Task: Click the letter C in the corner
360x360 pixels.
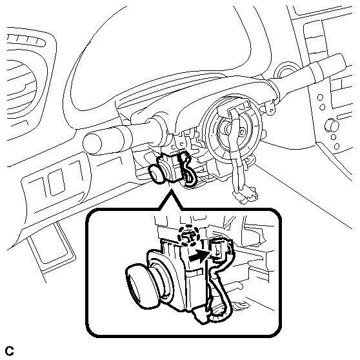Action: (x=10, y=351)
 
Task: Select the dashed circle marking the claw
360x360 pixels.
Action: (x=188, y=235)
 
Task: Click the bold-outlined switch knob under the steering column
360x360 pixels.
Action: (x=156, y=174)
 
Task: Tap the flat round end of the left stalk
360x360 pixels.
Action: (x=92, y=144)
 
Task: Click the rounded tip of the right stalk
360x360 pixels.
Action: (x=340, y=61)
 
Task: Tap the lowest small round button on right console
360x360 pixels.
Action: (x=337, y=146)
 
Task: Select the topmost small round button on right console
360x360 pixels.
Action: (x=320, y=97)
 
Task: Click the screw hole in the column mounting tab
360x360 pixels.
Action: (x=272, y=110)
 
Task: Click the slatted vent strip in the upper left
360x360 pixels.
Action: (x=26, y=40)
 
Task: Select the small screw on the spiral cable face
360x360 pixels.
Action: (x=242, y=132)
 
